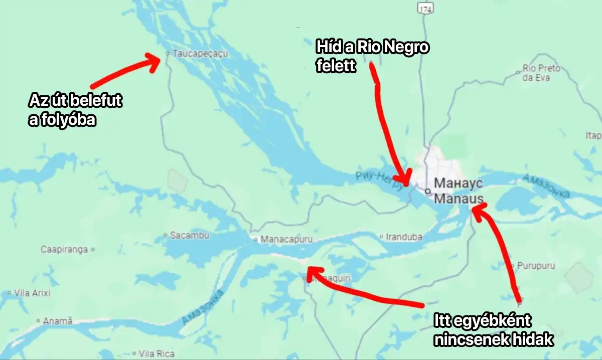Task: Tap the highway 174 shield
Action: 426,9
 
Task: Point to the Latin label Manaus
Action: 459,199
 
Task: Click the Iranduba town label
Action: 404,237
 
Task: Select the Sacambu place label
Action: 189,235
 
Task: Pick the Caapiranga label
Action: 64,249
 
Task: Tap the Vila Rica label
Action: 157,353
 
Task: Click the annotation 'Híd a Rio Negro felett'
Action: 372,56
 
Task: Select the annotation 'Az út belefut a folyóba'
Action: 75,110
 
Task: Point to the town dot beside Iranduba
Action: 381,236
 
